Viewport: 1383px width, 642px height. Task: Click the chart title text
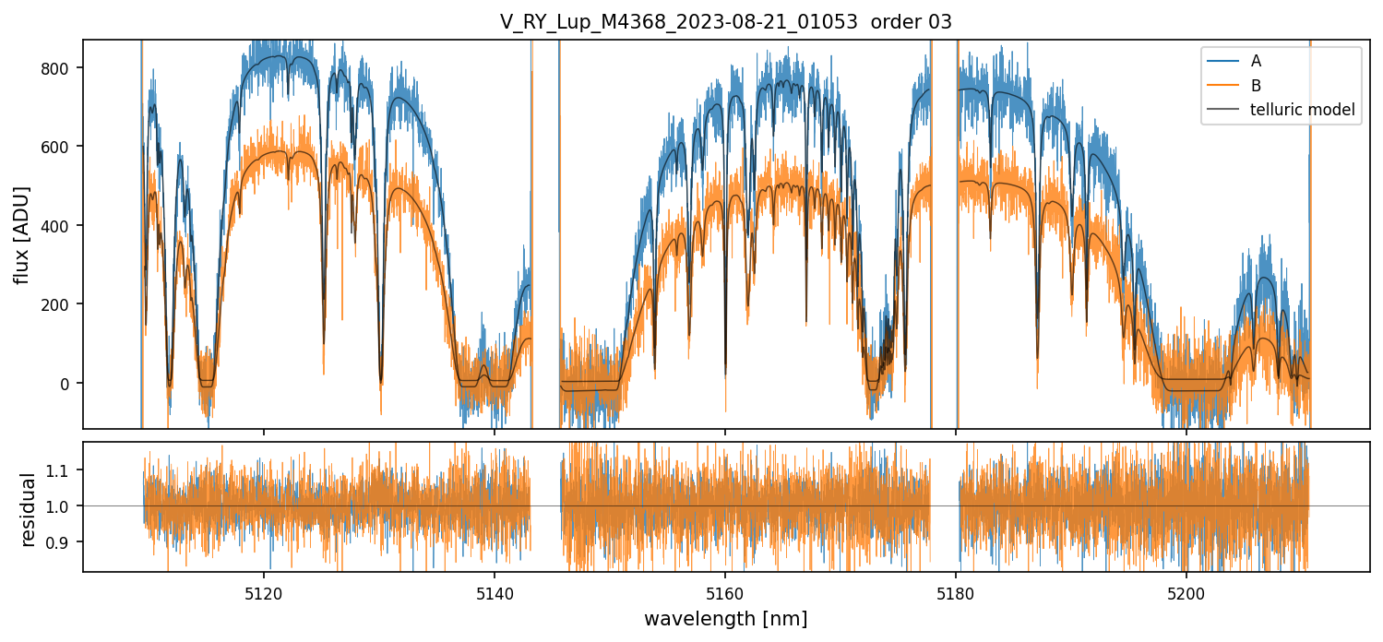click(725, 20)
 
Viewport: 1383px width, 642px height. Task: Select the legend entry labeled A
click(1256, 61)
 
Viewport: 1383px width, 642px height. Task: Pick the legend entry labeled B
click(1256, 85)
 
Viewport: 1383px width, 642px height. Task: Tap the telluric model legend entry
click(1302, 110)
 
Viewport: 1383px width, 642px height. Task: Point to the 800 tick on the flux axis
click(61, 68)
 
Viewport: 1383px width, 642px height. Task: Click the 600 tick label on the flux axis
click(61, 147)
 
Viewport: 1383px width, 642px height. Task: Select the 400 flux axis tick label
click(61, 226)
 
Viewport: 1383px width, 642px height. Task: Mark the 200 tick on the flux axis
click(61, 304)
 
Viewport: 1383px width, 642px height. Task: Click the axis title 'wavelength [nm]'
click(725, 618)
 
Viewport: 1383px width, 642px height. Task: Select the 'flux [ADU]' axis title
click(21, 234)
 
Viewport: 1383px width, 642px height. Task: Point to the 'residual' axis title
click(29, 509)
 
